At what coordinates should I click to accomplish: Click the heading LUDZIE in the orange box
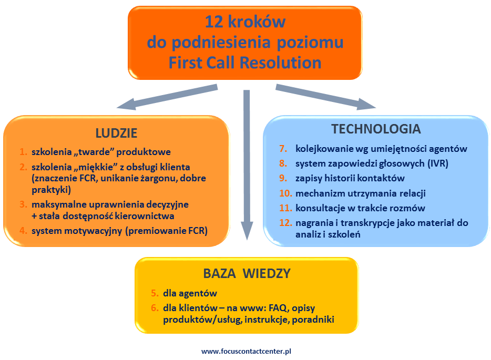(116, 132)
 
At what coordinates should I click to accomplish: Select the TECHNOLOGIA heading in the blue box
(376, 129)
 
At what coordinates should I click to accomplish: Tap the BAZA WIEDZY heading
(247, 273)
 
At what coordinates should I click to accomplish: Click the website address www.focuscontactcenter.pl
(246, 351)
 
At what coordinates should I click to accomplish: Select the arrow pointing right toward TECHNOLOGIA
(326, 97)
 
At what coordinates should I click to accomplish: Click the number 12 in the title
(216, 22)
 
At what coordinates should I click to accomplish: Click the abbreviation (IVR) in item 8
(437, 163)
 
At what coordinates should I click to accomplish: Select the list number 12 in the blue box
(285, 223)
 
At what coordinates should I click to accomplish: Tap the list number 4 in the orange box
(23, 230)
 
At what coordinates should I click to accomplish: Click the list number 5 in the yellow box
(154, 293)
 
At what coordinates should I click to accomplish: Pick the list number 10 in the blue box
(285, 193)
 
